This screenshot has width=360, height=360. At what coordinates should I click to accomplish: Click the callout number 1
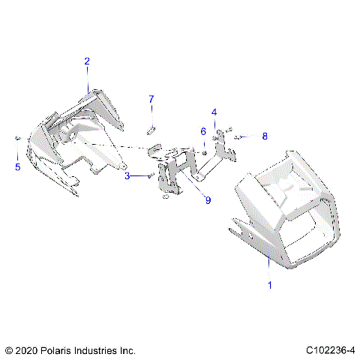(x=270, y=285)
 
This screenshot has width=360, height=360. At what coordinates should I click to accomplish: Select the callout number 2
(x=87, y=61)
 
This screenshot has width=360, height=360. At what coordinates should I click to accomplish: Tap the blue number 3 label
(x=127, y=175)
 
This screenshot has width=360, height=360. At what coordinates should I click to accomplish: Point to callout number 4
(x=214, y=112)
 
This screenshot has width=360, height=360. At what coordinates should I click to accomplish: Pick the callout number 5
(x=18, y=166)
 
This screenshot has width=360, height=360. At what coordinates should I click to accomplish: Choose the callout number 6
(x=202, y=132)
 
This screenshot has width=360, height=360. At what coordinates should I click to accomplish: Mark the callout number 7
(x=151, y=99)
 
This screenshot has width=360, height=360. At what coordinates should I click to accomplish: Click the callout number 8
(x=264, y=136)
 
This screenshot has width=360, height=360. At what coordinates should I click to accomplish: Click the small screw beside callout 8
(x=237, y=137)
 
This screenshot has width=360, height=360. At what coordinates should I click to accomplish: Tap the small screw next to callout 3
(x=152, y=175)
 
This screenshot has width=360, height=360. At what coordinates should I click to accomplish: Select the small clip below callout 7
(x=150, y=130)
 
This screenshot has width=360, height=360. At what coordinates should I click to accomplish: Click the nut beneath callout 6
(x=203, y=154)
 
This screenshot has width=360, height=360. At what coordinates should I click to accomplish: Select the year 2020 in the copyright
(x=26, y=350)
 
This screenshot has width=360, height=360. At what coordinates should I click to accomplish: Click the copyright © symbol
(x=8, y=350)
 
